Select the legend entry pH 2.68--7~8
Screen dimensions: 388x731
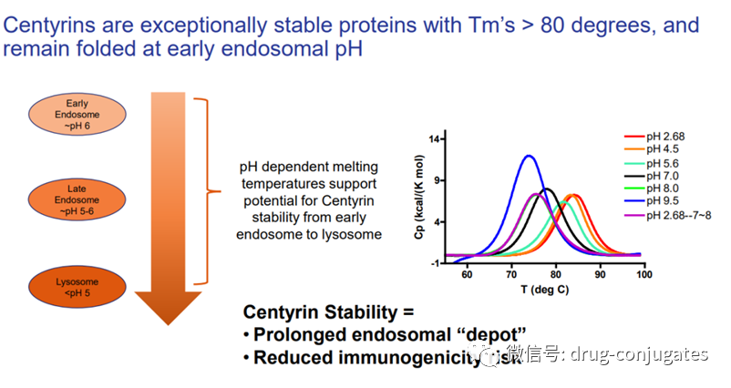pyautogui.click(x=674, y=215)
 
